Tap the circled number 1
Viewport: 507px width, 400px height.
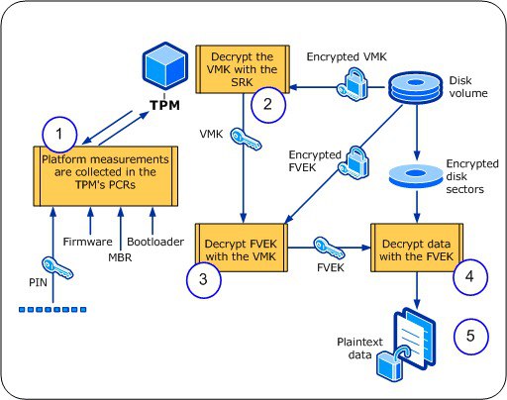click(x=58, y=133)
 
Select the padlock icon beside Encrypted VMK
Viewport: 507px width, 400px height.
click(x=353, y=89)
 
